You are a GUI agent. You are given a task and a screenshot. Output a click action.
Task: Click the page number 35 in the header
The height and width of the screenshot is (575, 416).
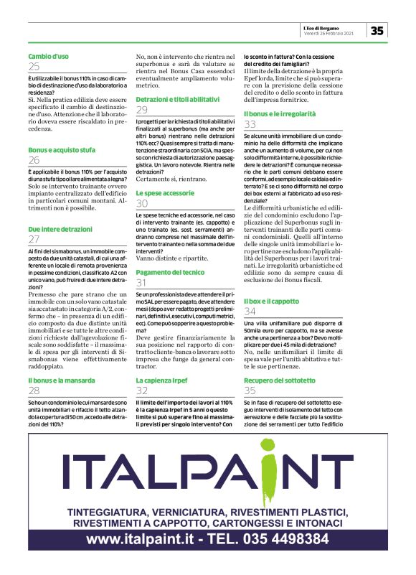coord(377,29)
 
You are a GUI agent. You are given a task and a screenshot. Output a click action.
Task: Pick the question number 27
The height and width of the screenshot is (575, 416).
coord(34,239)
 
